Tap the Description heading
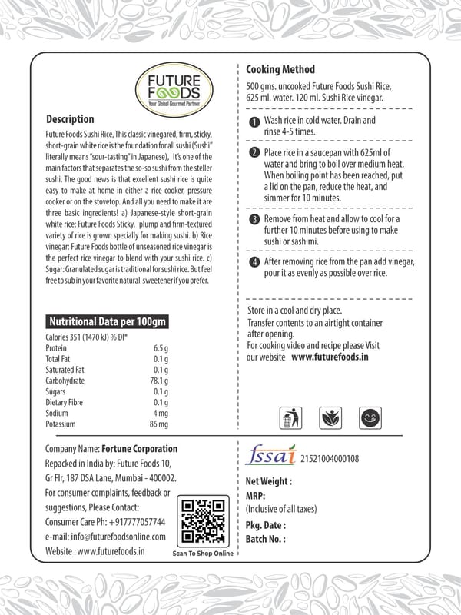click(70, 120)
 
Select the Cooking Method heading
click(280, 69)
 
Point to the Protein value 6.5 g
click(160, 348)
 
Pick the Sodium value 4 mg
click(160, 413)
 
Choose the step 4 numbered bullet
click(254, 263)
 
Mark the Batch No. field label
click(265, 539)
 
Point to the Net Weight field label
click(268, 481)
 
